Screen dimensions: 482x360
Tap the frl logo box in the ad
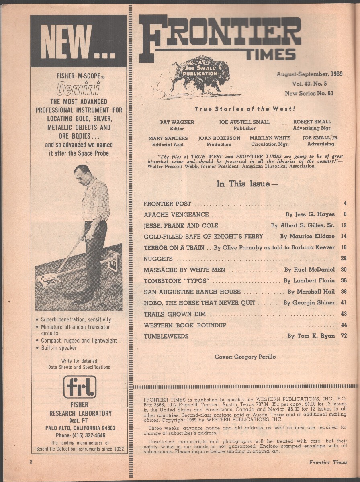[80, 387]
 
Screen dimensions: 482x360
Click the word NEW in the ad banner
[66, 42]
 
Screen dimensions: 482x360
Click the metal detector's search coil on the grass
[49, 281]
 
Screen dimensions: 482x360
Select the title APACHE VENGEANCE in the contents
[176, 215]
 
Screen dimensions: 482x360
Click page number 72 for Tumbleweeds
[344, 336]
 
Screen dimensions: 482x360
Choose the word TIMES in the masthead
[271, 54]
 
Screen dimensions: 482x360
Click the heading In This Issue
[247, 184]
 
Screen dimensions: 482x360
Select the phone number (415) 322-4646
[78, 435]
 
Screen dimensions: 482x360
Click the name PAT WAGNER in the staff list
[177, 122]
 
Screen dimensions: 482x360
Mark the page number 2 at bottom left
[31, 462]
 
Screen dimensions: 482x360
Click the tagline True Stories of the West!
[245, 109]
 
